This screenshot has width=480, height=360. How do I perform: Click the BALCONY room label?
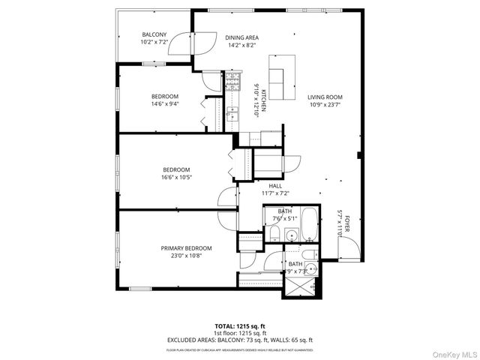click(154, 35)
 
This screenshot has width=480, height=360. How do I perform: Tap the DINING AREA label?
click(241, 37)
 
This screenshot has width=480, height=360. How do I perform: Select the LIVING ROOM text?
click(324, 97)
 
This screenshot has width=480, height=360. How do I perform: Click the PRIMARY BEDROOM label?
click(186, 248)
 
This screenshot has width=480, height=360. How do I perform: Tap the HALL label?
click(275, 185)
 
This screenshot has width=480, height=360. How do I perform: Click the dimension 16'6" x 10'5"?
click(176, 177)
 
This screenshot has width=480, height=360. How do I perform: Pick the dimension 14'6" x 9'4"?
click(165, 104)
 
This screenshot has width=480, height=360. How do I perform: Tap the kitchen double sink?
click(232, 114)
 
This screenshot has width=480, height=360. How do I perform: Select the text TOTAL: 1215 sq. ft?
click(239, 326)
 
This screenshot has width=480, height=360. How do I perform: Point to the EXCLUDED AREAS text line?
click(239, 340)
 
